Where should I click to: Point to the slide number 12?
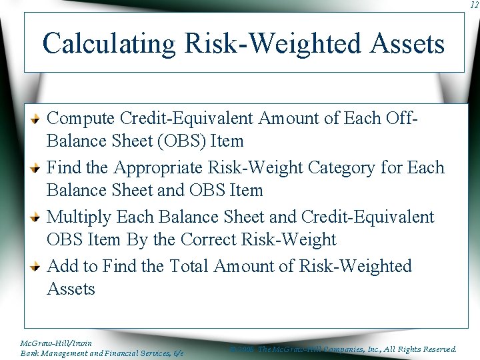pyautogui.click(x=473, y=5)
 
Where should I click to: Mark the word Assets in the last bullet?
pyautogui.click(x=71, y=289)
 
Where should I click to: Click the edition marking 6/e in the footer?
pyautogui.click(x=177, y=353)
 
